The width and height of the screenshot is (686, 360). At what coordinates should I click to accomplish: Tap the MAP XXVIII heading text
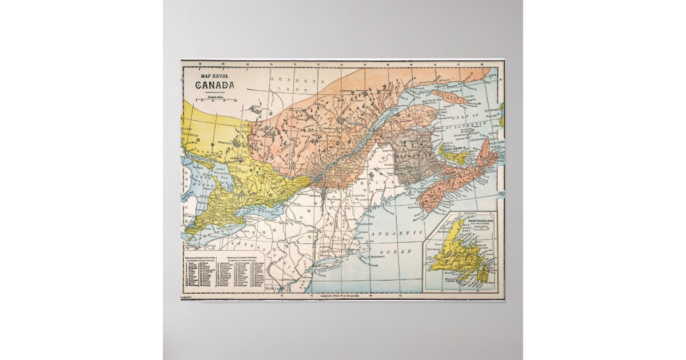coord(214,75)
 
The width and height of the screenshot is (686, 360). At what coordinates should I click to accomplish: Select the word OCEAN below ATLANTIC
coord(404,251)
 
